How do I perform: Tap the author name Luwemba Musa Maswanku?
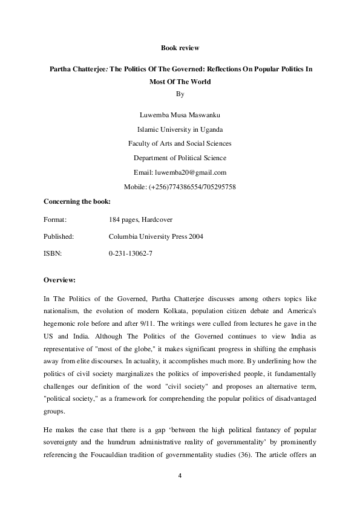pyautogui.click(x=180, y=114)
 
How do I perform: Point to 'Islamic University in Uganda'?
pyautogui.click(x=180, y=129)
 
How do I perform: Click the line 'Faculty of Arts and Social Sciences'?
pyautogui.click(x=180, y=143)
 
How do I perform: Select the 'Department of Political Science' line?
pyautogui.click(x=180, y=158)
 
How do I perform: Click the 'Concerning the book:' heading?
pyautogui.click(x=77, y=201)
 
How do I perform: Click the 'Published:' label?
pyautogui.click(x=59, y=236)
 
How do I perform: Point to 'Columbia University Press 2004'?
pyautogui.click(x=156, y=236)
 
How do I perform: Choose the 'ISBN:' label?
pyautogui.click(x=53, y=253)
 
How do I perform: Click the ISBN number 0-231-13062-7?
pyautogui.click(x=130, y=253)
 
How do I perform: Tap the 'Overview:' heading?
pyautogui.click(x=60, y=280)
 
